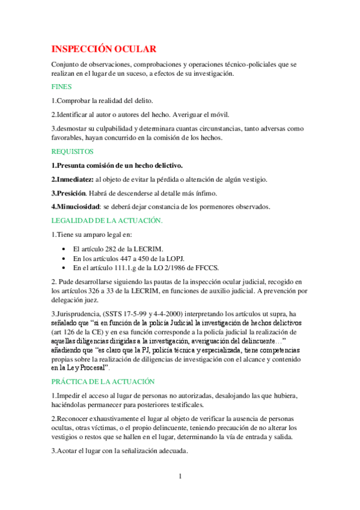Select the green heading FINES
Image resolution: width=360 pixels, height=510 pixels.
61,86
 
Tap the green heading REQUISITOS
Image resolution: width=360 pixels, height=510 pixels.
72,152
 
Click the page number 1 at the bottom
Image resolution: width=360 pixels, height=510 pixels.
179,476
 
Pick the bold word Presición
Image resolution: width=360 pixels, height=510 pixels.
71,193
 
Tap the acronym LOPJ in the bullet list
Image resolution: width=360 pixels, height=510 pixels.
174,259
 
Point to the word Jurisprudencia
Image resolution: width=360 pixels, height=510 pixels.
81,313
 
